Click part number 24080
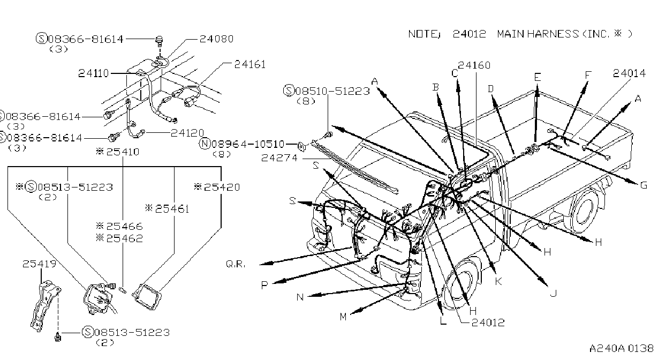pos(216,39)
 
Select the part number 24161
pos(250,64)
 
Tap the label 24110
pos(93,73)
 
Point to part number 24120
pos(187,133)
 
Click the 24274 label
pos(279,158)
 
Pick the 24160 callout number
pos(474,65)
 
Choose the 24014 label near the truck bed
pos(629,73)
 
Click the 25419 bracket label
pos(39,264)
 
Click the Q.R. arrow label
pos(236,264)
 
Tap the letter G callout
pos(644,185)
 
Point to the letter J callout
pos(554,293)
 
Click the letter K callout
pos(498,281)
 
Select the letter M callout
pos(343,317)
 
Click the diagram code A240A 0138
pos(621,348)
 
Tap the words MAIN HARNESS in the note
pos(538,34)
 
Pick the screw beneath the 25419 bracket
pos(58,337)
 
